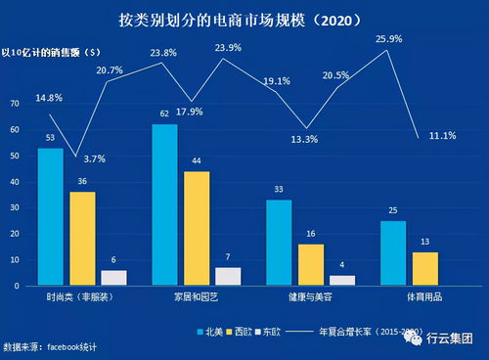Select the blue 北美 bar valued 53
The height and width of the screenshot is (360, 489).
(x=50, y=216)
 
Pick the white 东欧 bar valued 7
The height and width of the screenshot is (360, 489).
(x=227, y=276)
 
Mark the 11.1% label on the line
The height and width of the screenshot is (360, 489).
(x=441, y=135)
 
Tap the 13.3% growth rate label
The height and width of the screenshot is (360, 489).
(x=304, y=139)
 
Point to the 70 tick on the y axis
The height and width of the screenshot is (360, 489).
(x=14, y=103)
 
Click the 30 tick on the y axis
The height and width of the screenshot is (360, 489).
(x=14, y=207)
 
